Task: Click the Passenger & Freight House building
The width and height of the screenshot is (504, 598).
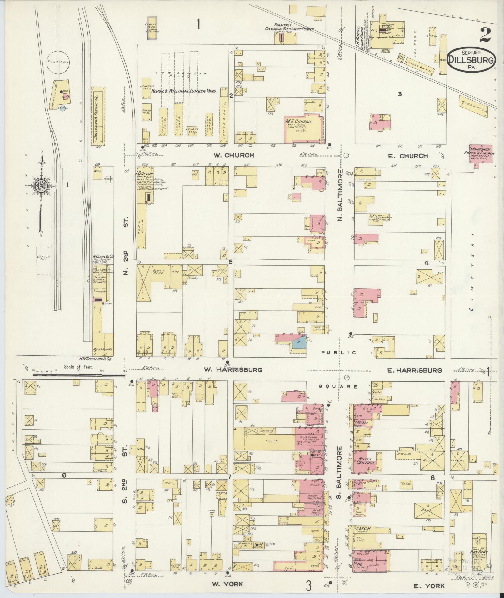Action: [98, 116]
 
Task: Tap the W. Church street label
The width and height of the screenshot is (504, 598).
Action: [234, 155]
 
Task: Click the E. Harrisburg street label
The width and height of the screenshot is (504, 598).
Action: [414, 370]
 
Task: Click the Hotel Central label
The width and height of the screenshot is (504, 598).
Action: [364, 460]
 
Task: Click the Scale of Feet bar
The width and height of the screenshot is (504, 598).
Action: [78, 373]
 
